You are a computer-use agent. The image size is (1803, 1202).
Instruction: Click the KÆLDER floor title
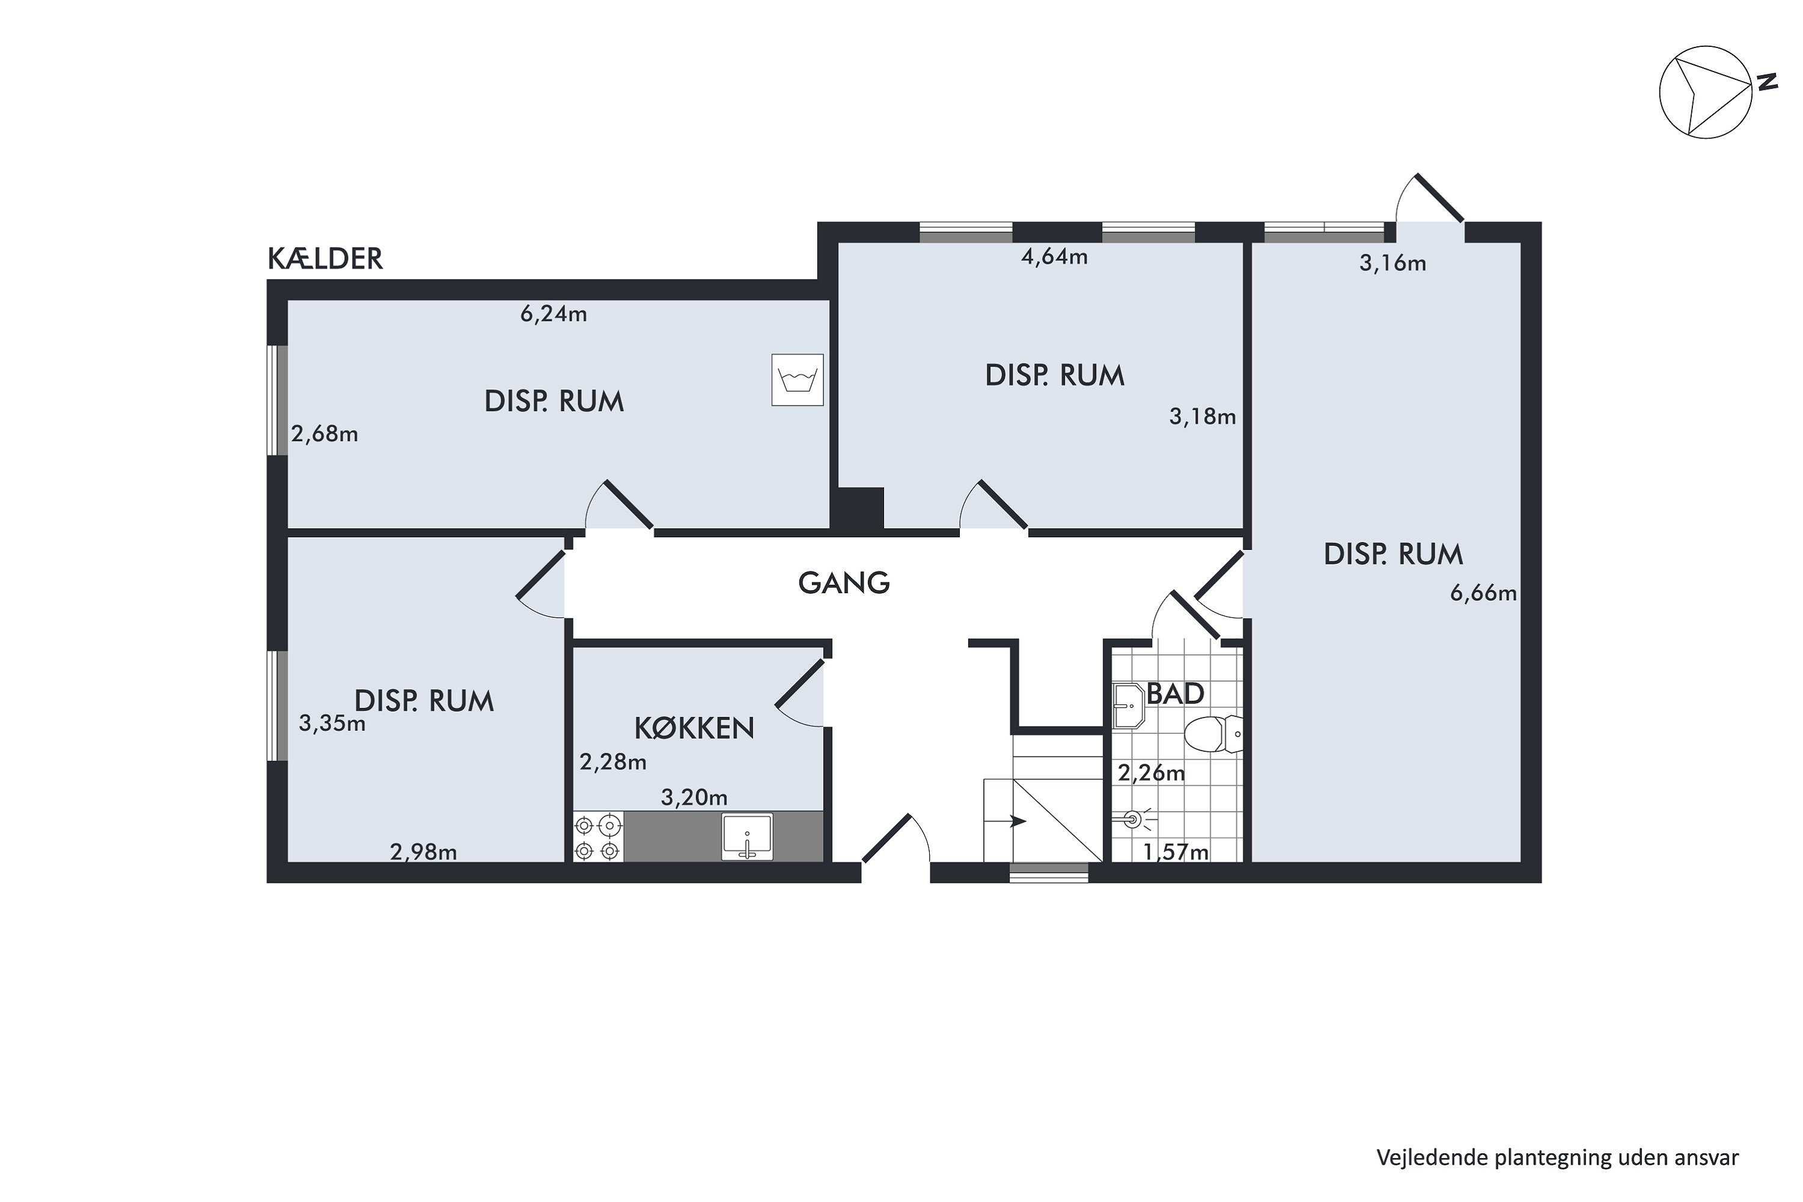(325, 259)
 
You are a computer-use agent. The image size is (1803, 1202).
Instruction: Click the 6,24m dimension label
(554, 314)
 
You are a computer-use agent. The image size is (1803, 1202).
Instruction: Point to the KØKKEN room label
(695, 728)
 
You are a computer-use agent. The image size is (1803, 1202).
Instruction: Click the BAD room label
(1174, 694)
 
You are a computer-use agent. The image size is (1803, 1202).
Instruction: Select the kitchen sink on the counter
(748, 837)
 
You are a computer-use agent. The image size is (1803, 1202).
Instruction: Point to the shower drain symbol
(1133, 820)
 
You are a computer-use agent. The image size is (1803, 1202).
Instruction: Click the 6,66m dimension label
(1483, 593)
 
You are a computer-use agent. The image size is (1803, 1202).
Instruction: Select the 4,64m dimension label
(1054, 257)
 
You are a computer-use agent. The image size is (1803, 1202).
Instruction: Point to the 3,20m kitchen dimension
(694, 798)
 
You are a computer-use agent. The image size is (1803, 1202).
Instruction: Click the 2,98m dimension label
(423, 852)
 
